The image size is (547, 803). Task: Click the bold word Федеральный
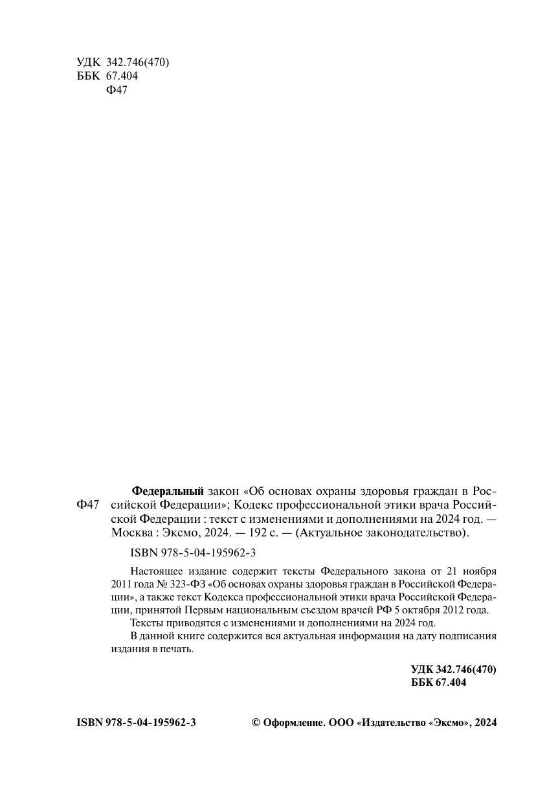click(168, 489)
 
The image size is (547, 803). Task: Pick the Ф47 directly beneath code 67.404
click(116, 90)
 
